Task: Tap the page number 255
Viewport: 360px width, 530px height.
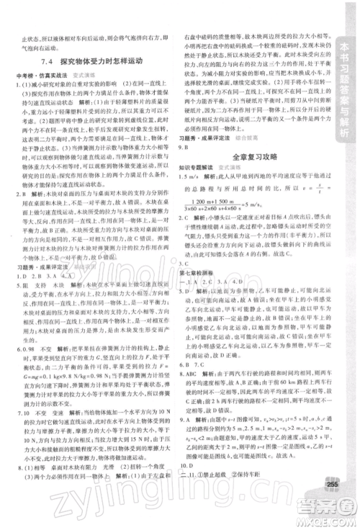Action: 331,502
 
